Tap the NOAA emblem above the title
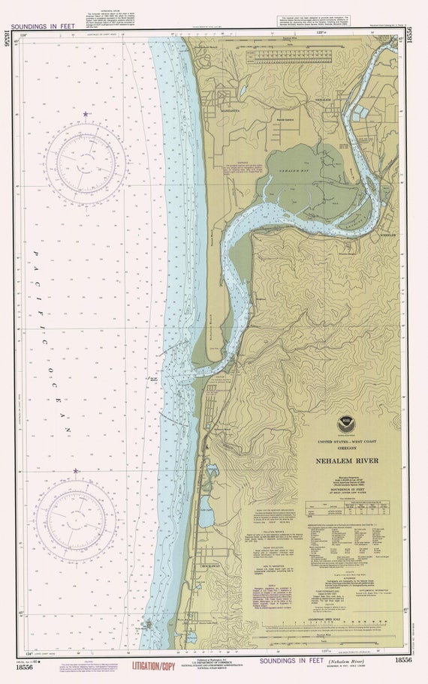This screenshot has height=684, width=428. (344, 425)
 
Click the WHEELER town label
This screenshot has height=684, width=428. (387, 232)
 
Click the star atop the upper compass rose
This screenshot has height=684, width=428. (86, 114)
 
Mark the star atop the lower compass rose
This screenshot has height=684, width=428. (76, 471)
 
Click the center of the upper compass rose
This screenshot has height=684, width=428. (86, 163)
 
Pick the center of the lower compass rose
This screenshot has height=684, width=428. (76, 520)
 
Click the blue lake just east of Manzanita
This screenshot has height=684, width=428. (242, 91)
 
